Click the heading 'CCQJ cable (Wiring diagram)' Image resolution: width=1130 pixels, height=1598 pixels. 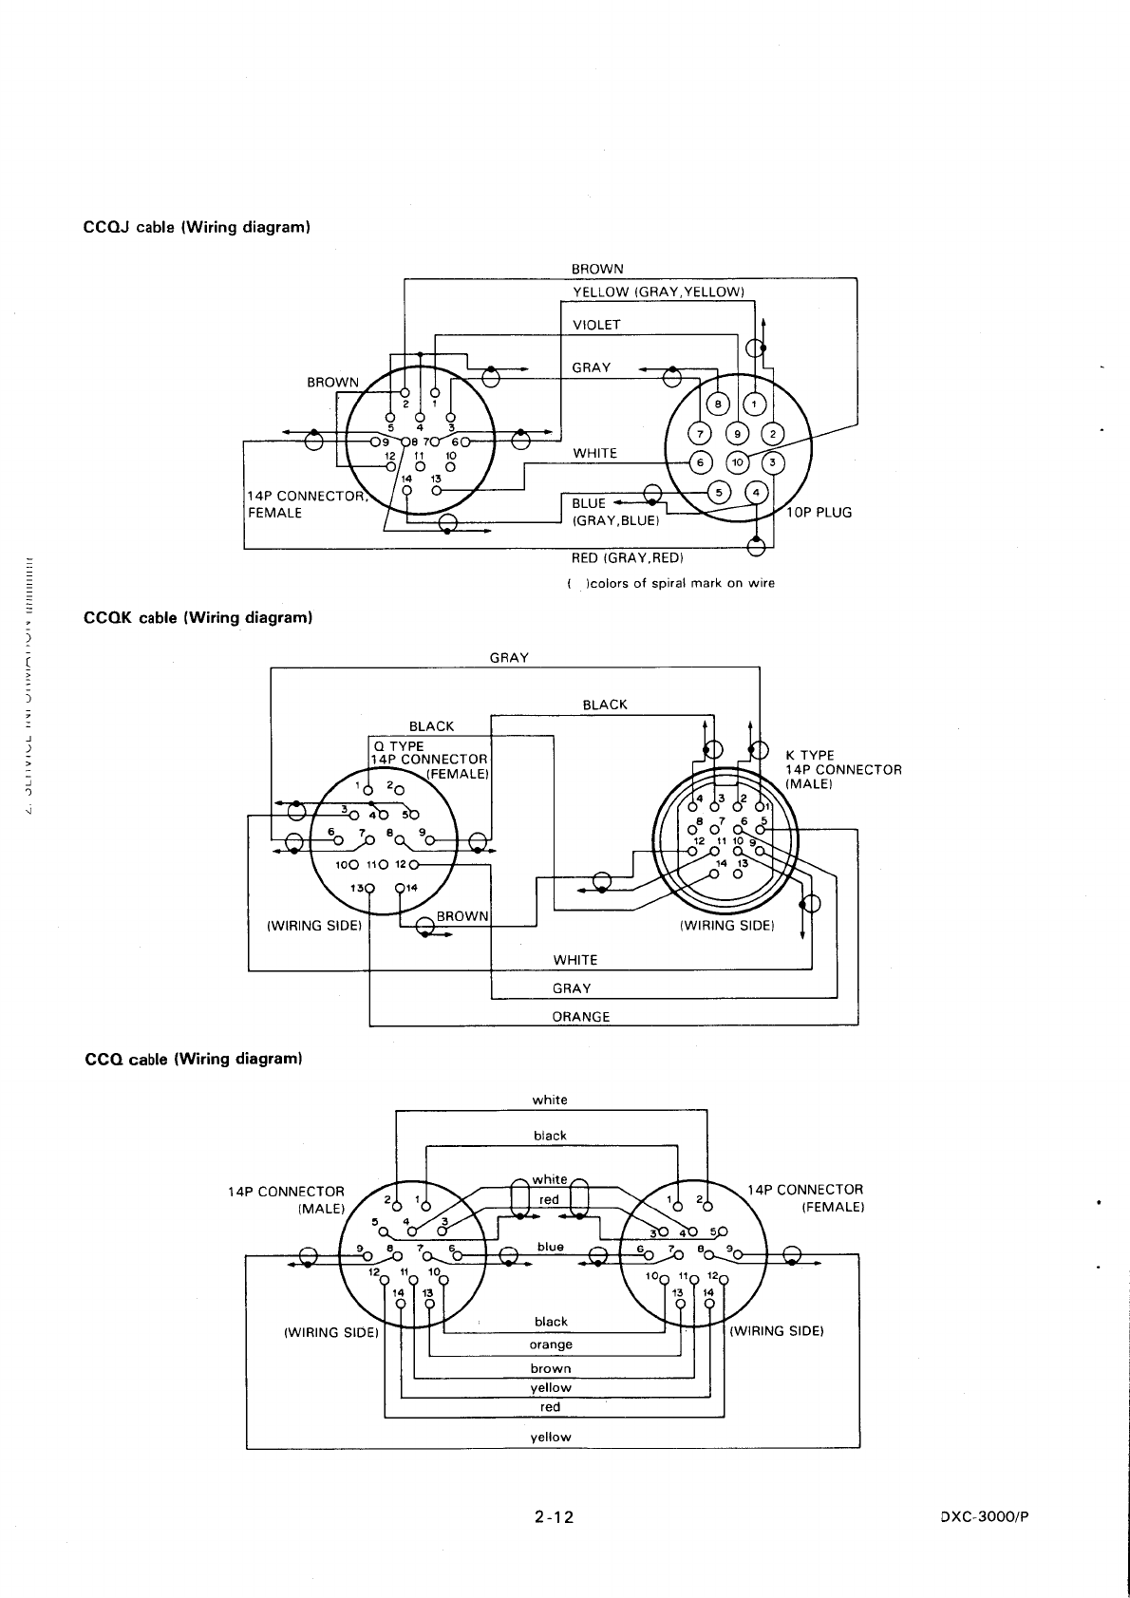click(x=198, y=228)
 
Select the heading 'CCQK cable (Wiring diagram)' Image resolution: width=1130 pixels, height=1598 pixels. click(x=198, y=618)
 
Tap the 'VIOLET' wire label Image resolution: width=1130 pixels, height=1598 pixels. click(x=596, y=325)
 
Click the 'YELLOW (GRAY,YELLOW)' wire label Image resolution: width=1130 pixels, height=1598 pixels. click(x=658, y=291)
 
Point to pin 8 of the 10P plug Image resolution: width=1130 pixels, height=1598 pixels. click(x=719, y=404)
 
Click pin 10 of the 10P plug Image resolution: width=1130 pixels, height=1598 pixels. click(x=738, y=462)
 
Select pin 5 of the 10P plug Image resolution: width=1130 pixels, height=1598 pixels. click(x=719, y=492)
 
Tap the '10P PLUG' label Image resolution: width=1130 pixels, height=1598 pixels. click(x=819, y=513)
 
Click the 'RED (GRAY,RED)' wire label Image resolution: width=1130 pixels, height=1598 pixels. click(x=627, y=557)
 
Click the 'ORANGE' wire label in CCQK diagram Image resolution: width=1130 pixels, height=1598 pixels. click(x=581, y=1017)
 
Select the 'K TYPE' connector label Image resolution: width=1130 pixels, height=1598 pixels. click(x=810, y=756)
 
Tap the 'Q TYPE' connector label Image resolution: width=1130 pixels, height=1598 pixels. click(x=400, y=745)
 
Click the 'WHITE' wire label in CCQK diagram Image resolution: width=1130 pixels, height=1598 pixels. click(x=575, y=960)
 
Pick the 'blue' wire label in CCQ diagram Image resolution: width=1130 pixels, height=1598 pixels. click(x=551, y=1247)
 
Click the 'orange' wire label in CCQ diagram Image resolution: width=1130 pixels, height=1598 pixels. click(x=551, y=1344)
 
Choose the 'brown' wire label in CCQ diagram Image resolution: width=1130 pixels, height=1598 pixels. click(x=551, y=1368)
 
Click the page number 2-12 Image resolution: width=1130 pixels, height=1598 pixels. click(x=554, y=1516)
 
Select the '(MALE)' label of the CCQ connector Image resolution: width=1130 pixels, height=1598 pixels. click(x=321, y=1208)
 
